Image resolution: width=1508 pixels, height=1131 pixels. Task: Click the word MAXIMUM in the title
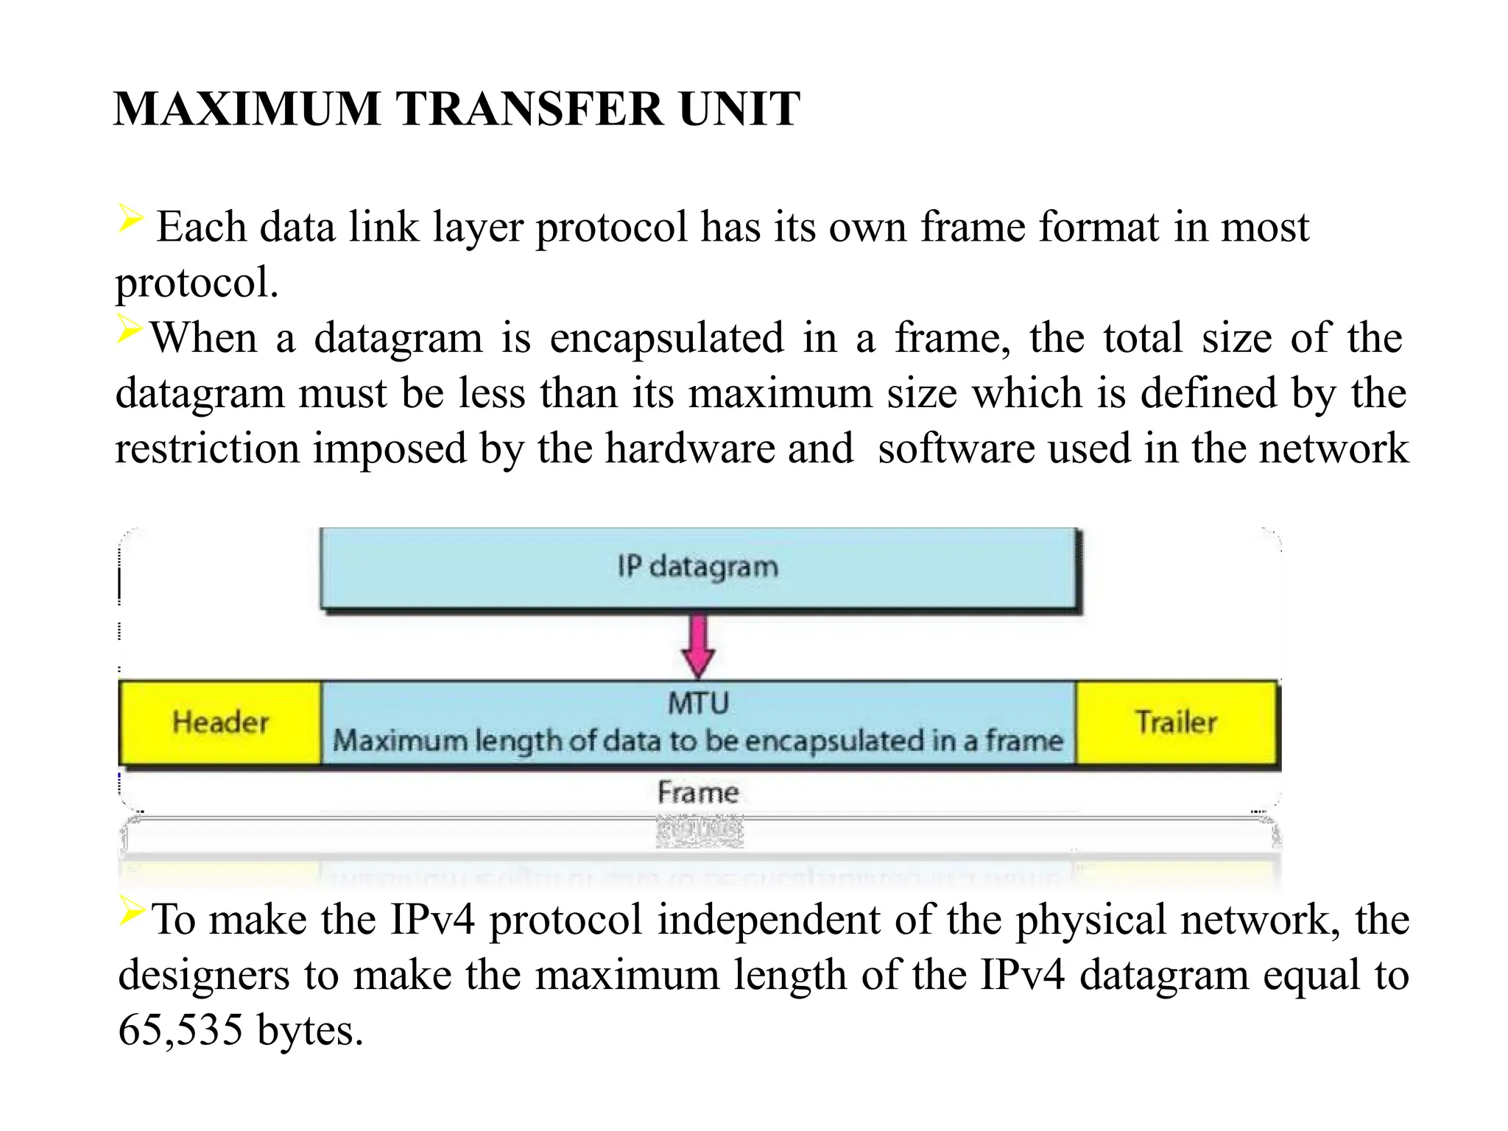point(247,110)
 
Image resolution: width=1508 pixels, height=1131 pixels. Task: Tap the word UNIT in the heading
point(739,110)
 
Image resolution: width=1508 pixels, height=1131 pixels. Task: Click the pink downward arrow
point(698,646)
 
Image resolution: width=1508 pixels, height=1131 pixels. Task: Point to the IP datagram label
point(697,567)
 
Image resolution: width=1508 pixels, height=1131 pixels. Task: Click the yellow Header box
point(220,722)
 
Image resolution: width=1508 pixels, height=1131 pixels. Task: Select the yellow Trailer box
point(1176,722)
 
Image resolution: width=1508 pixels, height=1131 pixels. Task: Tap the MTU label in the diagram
point(698,703)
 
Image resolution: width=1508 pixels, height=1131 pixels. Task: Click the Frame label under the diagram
point(698,792)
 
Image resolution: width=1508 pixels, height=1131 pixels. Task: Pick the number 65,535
point(180,1030)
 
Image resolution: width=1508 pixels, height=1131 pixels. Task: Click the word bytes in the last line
point(310,1030)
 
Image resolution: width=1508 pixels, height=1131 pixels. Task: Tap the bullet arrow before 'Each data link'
point(130,219)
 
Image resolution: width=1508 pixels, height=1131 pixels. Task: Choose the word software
point(956,449)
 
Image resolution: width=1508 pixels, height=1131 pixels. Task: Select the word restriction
point(207,449)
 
